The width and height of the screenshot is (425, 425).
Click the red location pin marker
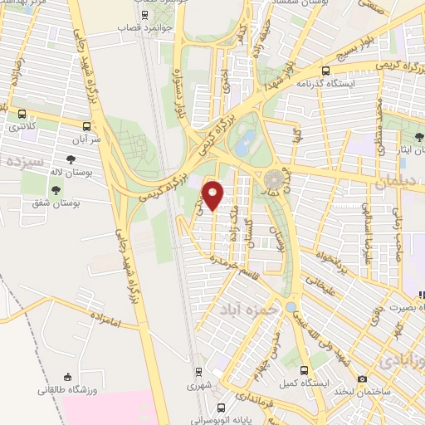pos(213,196)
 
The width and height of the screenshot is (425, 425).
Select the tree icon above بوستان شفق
pos(56,192)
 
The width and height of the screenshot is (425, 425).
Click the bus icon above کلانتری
pos(22,115)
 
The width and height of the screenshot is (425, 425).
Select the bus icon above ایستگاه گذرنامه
pos(326,71)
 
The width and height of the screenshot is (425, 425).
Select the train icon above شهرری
pos(198,372)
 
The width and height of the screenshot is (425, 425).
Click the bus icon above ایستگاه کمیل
pos(304,370)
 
